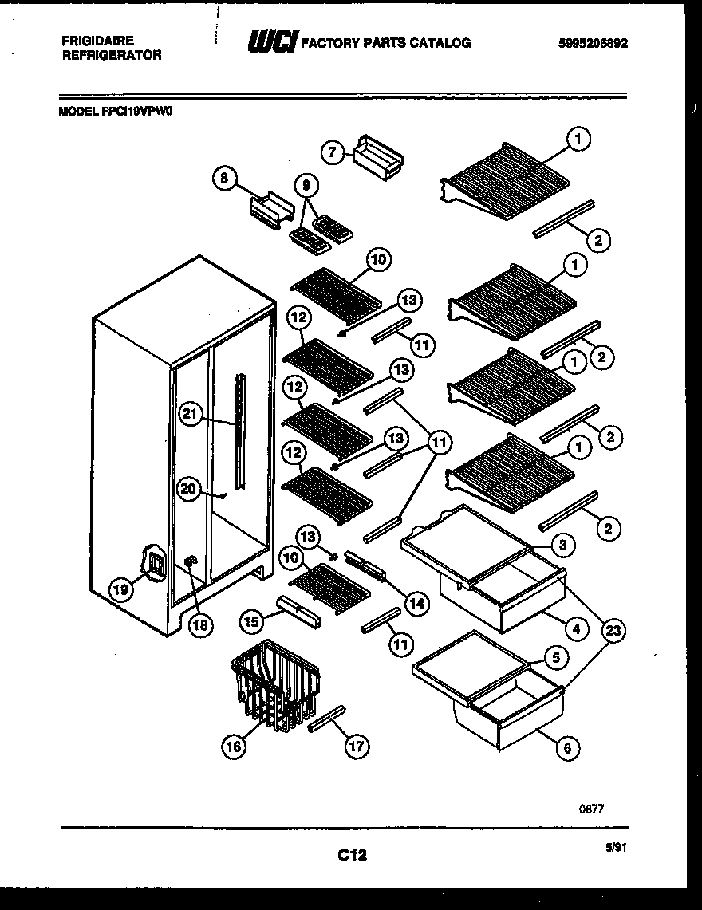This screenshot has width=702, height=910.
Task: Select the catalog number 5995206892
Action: coord(594,44)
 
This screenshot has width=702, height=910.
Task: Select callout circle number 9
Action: coord(306,187)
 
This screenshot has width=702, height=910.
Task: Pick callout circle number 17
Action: coord(357,747)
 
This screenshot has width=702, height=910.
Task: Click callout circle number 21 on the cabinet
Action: coord(189,413)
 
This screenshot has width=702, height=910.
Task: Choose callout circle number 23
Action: coord(613,632)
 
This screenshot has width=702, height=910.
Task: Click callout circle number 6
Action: coord(567,747)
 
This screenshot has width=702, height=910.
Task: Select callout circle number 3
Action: coord(563,546)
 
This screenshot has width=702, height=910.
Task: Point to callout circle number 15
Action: coord(252,618)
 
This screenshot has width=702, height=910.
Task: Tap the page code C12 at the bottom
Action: coord(351,855)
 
